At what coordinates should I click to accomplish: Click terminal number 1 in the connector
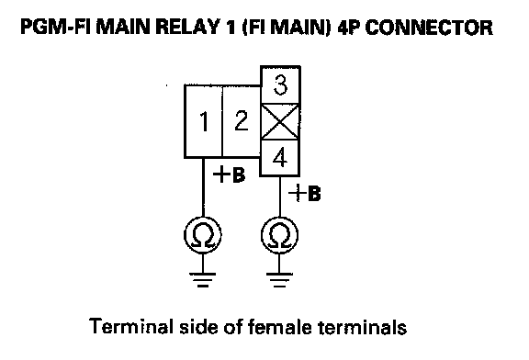[x=204, y=121]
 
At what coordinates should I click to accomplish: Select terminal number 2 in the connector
[x=242, y=121]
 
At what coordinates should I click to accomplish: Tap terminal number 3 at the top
[x=280, y=85]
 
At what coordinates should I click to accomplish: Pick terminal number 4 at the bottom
[x=280, y=158]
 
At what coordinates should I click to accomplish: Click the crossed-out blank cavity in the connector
[x=280, y=122]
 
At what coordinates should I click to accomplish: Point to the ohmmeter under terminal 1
[x=203, y=234]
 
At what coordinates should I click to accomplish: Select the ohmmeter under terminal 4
[x=280, y=235]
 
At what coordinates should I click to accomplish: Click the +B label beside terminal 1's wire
[x=229, y=174]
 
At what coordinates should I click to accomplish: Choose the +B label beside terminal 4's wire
[x=305, y=194]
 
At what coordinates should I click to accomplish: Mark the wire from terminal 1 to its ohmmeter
[x=203, y=187]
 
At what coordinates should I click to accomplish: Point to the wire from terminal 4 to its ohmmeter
[x=280, y=197]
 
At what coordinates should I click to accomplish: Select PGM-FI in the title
[x=56, y=28]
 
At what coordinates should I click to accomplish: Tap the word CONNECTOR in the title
[x=429, y=28]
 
